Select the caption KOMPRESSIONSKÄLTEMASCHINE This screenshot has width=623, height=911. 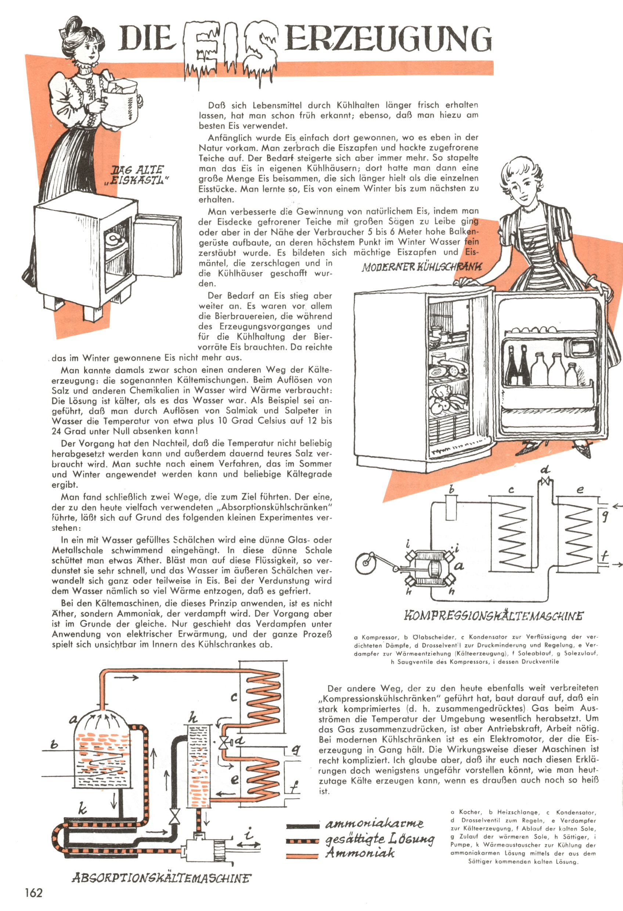[x=493, y=616]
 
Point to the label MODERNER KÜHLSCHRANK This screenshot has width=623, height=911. [x=421, y=267]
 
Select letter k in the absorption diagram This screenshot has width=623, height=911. [x=82, y=809]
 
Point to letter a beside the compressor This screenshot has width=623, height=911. [x=459, y=566]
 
